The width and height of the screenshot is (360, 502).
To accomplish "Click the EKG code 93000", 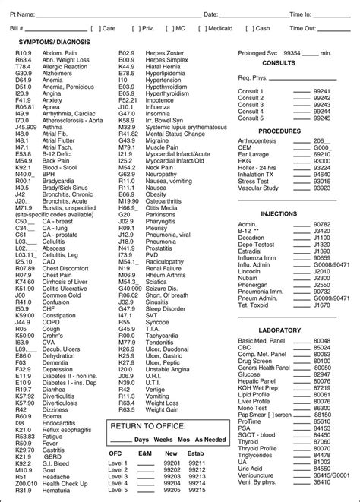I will [322, 161].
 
